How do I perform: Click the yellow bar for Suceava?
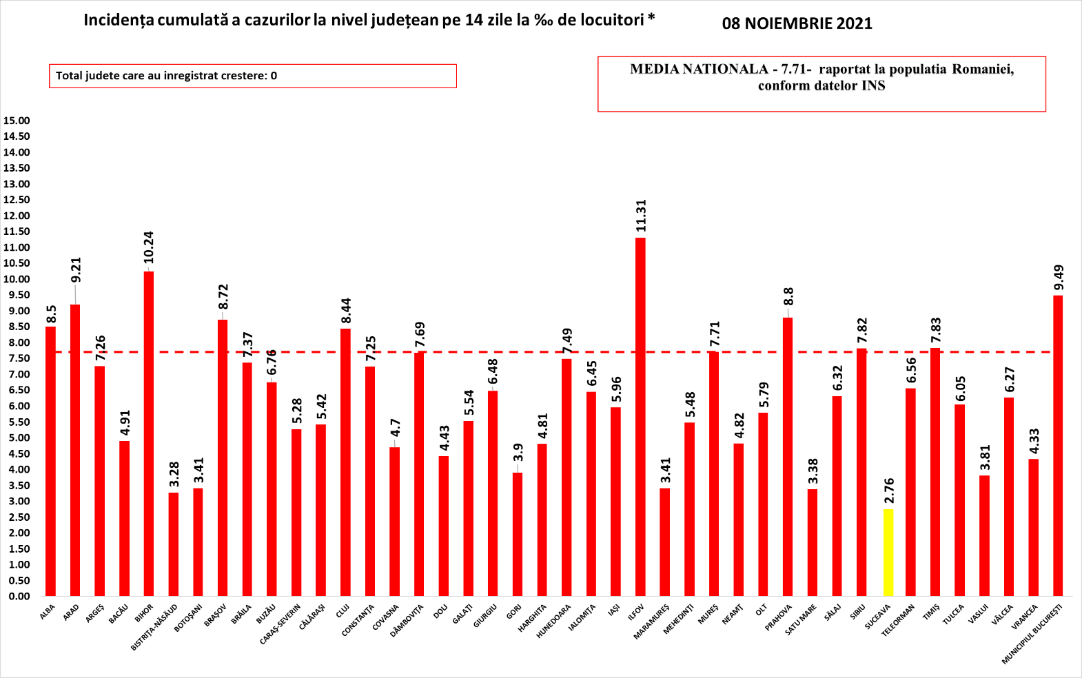tap(888, 553)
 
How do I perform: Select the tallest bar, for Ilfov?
tap(640, 417)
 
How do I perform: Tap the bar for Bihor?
tap(149, 433)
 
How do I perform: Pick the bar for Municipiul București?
tap(1058, 446)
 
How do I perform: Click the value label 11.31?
tap(641, 216)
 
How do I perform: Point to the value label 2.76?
tap(888, 492)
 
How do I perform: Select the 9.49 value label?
tap(1059, 278)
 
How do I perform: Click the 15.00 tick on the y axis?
tap(17, 121)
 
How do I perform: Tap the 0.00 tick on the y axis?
tap(17, 596)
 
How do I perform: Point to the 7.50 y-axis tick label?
tap(17, 358)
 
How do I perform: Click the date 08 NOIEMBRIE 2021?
tap(797, 23)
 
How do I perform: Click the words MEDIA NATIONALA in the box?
tap(699, 69)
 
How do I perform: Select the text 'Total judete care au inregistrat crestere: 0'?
tap(166, 76)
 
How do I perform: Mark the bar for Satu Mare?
tap(813, 542)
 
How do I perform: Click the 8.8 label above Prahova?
tap(788, 296)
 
